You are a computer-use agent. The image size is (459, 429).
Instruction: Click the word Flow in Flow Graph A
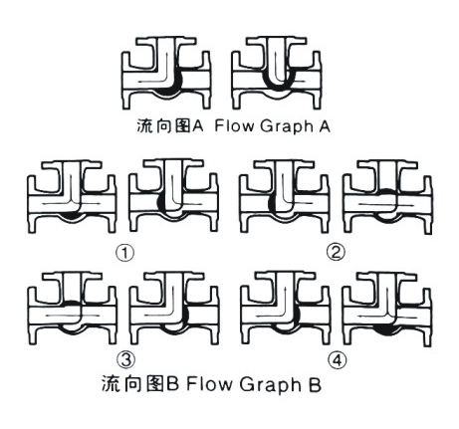click(x=234, y=126)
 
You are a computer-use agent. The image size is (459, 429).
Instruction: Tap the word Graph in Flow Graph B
click(x=269, y=385)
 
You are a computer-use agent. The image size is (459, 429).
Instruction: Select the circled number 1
click(x=125, y=254)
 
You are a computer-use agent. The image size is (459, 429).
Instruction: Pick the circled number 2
click(x=336, y=253)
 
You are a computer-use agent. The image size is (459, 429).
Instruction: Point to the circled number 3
click(x=126, y=359)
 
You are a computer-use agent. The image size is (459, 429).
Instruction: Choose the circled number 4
click(x=337, y=359)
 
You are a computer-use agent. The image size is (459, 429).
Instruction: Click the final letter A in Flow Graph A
click(x=325, y=126)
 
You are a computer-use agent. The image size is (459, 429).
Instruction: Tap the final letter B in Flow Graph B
click(x=314, y=385)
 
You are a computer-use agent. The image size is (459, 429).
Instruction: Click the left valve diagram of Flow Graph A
click(x=166, y=73)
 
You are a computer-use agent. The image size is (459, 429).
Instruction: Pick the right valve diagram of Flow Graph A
click(x=277, y=73)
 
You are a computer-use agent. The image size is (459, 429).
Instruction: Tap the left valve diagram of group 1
click(x=72, y=196)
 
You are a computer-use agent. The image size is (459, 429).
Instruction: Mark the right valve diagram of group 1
click(x=174, y=196)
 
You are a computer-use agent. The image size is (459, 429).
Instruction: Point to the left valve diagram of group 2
click(x=285, y=196)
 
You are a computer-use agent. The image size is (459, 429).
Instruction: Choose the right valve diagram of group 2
click(x=388, y=196)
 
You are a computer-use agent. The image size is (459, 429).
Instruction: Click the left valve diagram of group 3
click(x=72, y=309)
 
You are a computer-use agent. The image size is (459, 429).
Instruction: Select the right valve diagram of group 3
click(x=174, y=309)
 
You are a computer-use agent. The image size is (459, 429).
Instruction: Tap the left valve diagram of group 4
click(x=285, y=309)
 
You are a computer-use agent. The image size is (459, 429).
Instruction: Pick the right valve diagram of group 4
click(x=387, y=310)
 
